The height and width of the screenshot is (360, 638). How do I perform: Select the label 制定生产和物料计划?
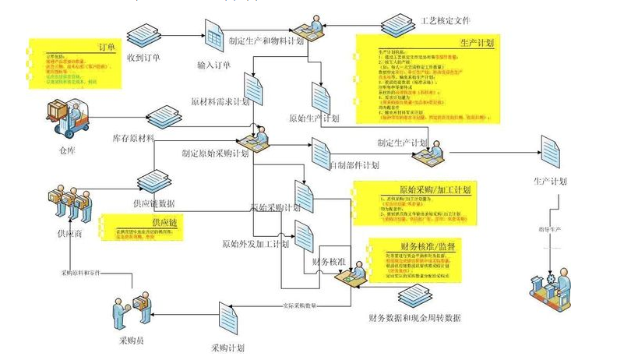coord(265,41)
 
